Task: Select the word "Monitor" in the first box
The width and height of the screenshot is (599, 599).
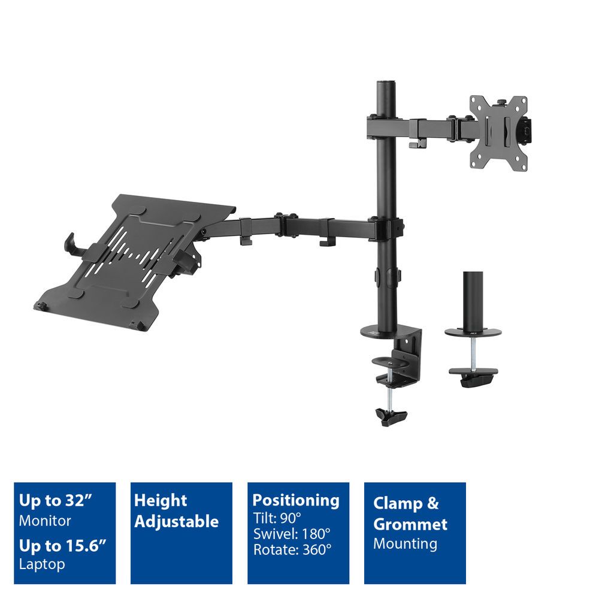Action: coord(45,520)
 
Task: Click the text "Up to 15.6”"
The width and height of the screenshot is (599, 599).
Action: coord(62,545)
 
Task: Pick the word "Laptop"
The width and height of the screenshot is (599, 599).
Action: coord(42,564)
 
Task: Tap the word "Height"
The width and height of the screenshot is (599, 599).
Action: coord(161,500)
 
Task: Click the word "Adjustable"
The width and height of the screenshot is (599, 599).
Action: coord(176,521)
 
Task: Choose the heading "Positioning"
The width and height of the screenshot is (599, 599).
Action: coord(295,500)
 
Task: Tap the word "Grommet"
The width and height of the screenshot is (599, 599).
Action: coord(410,524)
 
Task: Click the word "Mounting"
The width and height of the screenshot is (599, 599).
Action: coord(405,544)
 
